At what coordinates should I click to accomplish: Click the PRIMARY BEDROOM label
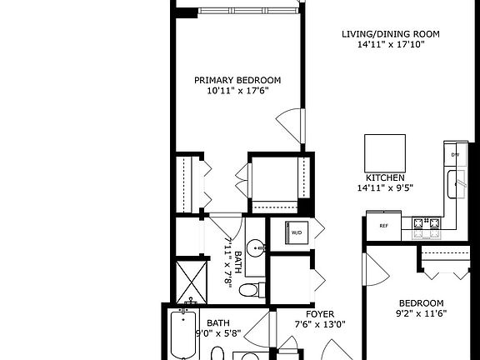(237, 81)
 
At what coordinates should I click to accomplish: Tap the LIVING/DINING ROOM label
(390, 34)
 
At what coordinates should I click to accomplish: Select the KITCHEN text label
(385, 178)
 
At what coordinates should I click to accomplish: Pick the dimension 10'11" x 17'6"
(237, 92)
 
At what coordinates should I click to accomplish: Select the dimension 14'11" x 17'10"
(390, 45)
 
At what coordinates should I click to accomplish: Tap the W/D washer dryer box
(297, 232)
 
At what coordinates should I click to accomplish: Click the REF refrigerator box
(384, 225)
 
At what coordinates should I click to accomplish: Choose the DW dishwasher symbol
(455, 155)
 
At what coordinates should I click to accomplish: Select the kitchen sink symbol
(456, 184)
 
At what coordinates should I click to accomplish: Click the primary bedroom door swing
(287, 126)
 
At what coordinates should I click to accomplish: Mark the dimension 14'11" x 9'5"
(385, 188)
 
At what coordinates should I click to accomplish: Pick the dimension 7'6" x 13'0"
(320, 325)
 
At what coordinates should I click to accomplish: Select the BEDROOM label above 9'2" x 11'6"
(421, 302)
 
